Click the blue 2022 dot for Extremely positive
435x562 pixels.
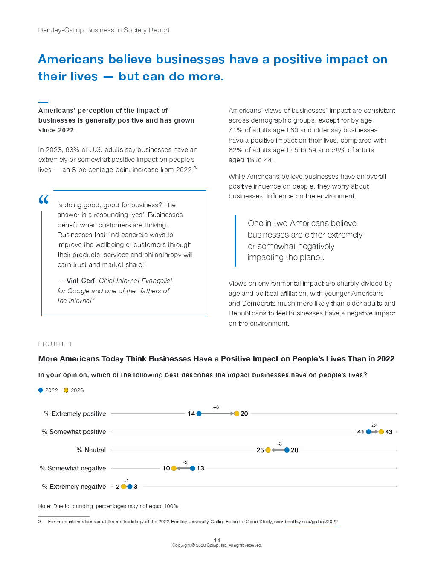click(199, 413)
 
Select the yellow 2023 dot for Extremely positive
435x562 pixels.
click(237, 413)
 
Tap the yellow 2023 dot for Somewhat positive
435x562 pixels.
click(381, 432)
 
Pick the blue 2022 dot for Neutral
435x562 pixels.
click(287, 450)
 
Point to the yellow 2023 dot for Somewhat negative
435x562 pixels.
click(174, 468)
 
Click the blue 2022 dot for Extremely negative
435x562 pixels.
click(130, 487)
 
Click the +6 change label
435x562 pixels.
click(216, 407)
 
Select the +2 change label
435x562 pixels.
click(374, 426)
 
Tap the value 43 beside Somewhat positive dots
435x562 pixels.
click(389, 432)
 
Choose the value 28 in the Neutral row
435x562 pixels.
click(295, 450)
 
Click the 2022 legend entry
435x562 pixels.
click(48, 390)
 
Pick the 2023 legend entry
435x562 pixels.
click(74, 390)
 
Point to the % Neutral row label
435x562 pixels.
click(91, 450)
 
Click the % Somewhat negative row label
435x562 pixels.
click(73, 468)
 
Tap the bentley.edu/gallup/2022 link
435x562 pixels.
click(311, 522)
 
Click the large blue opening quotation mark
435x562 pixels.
click(43, 199)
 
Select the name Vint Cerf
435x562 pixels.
click(81, 281)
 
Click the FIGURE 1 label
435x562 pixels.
click(55, 344)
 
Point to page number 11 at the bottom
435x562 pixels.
click(217, 540)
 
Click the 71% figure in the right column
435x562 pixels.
click(235, 130)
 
